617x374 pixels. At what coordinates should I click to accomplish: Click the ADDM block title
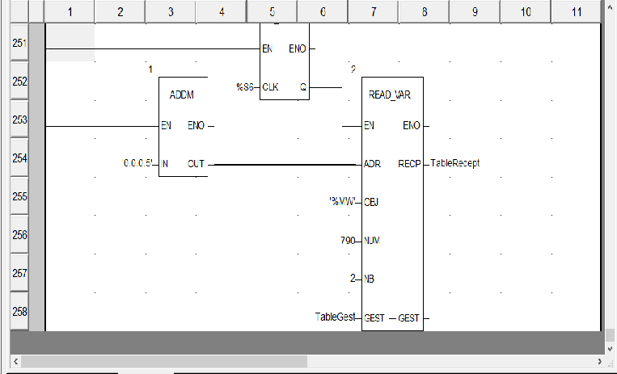click(x=183, y=95)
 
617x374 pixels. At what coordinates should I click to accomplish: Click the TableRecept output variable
click(x=455, y=163)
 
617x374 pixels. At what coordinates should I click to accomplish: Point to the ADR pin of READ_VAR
click(x=373, y=163)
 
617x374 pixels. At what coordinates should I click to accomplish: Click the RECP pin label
click(x=409, y=163)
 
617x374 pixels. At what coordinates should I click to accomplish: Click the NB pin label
click(x=370, y=279)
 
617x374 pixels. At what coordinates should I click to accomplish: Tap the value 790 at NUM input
click(x=349, y=241)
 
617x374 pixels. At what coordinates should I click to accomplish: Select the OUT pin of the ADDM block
click(x=196, y=164)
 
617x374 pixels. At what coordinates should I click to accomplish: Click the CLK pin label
click(x=271, y=86)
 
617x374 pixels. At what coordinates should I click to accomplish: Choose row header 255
click(x=19, y=196)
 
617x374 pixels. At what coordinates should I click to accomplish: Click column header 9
click(x=475, y=12)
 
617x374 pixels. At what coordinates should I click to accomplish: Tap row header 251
click(x=19, y=43)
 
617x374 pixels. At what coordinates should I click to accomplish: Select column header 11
click(x=575, y=12)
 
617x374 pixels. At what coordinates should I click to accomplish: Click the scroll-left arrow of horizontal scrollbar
click(x=14, y=361)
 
